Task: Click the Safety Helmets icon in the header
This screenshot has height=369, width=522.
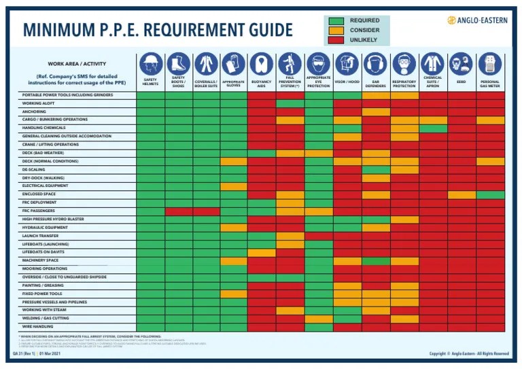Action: pos(150,65)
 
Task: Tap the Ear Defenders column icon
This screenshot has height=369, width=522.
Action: pos(375,65)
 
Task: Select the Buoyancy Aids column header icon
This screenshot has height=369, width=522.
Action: pos(262,65)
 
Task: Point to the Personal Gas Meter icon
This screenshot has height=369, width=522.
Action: pos(489,64)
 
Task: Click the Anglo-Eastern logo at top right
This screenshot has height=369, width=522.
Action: pos(477,20)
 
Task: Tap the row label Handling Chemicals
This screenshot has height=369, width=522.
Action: pos(43,128)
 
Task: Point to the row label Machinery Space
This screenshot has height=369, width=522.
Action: pos(40,260)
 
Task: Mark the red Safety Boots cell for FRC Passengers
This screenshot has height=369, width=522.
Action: pos(178,211)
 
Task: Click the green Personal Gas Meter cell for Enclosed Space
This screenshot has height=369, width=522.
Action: pos(489,194)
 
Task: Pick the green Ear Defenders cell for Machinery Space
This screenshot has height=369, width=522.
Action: pos(375,260)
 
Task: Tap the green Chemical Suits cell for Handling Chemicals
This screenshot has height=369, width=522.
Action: pos(432,128)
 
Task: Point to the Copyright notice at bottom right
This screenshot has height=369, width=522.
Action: pos(468,354)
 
